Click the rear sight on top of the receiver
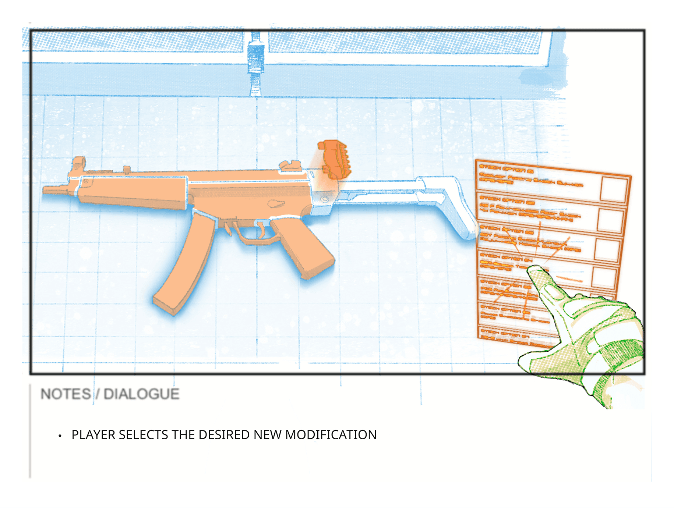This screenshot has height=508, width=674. (x=290, y=166)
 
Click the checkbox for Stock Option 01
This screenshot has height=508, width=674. (x=613, y=189)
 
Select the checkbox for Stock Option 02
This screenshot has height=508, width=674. (x=610, y=220)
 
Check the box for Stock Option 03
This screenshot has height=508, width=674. (x=607, y=249)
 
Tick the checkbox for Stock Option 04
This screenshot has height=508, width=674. (x=604, y=277)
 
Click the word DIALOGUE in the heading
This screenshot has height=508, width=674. (x=141, y=394)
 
